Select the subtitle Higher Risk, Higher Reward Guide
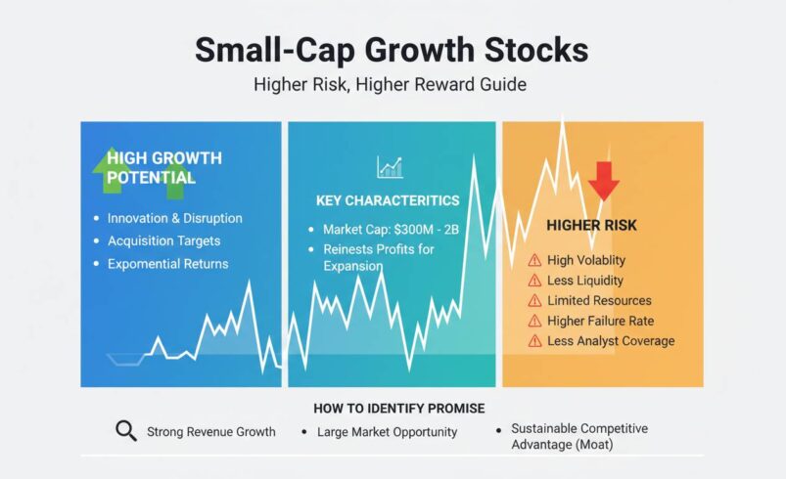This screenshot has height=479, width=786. (390, 85)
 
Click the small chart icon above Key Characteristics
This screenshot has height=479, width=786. (390, 167)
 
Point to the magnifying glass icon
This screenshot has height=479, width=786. (125, 431)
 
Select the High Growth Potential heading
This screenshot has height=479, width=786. (163, 167)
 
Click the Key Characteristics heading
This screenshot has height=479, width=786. (388, 200)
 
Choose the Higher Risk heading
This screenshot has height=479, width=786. (591, 226)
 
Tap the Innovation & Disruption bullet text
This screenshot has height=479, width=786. (174, 218)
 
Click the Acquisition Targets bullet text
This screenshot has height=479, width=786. (163, 240)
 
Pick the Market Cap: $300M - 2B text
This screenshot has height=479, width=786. (391, 230)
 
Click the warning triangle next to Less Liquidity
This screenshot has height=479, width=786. (534, 281)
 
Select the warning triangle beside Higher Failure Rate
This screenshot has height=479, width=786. (534, 321)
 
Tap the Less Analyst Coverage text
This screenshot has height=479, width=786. (611, 341)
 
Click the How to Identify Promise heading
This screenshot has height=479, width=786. (398, 408)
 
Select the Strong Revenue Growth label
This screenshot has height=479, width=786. (210, 431)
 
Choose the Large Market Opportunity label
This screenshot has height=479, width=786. (387, 431)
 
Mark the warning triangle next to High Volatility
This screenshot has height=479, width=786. (534, 260)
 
